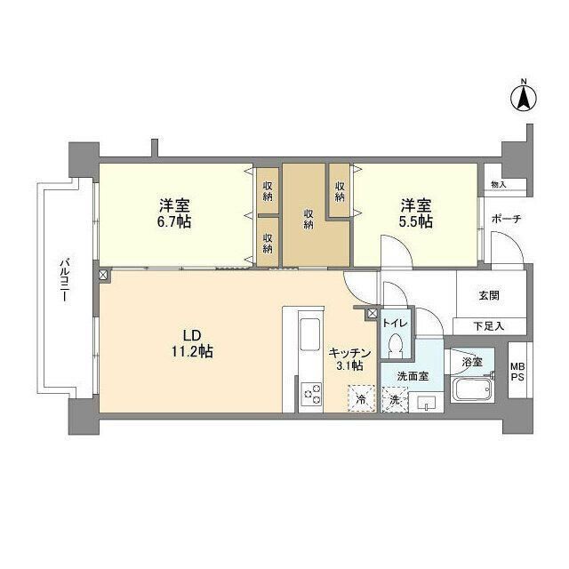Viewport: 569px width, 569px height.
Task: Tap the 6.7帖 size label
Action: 176,221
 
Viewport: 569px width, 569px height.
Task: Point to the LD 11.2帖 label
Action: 192,344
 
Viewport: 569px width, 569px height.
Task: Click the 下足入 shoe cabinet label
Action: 488,327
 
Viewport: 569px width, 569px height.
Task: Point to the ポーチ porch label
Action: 504,220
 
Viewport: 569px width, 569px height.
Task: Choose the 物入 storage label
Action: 498,185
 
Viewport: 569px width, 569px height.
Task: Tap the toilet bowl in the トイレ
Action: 397,342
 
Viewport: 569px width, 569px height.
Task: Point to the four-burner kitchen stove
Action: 312,392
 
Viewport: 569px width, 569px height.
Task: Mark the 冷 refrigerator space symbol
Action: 360,398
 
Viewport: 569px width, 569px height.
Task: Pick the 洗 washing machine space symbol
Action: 394,399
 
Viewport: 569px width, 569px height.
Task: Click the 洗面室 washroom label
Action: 413,376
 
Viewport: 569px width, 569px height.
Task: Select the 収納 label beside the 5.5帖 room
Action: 341,190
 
